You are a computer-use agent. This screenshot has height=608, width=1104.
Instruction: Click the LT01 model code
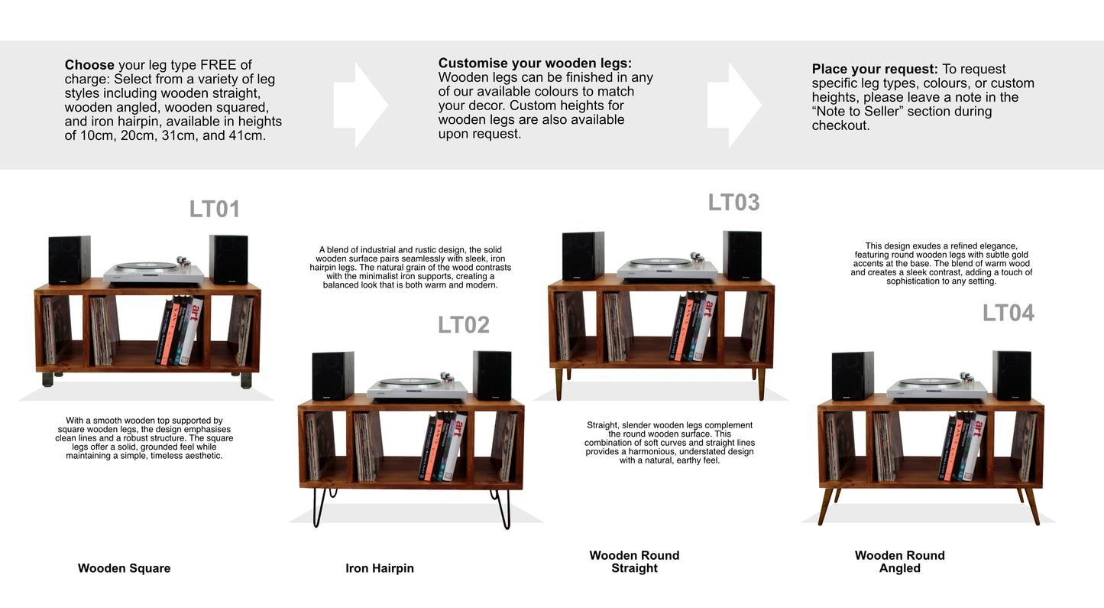[x=215, y=209]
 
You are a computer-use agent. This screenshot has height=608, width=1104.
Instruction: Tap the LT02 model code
[x=463, y=325]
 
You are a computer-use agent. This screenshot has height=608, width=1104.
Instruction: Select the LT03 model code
[x=734, y=203]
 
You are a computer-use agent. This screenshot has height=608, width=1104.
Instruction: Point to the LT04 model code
[x=1008, y=313]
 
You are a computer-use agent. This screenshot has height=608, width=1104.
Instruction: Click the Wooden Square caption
[x=125, y=568]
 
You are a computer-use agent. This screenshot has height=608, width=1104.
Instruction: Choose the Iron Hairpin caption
[x=380, y=568]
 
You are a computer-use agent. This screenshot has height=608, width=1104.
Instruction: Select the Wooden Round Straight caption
[x=634, y=561]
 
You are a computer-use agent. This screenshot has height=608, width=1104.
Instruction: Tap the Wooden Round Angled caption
[x=899, y=561]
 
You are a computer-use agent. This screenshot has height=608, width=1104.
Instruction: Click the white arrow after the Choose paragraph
[x=361, y=105]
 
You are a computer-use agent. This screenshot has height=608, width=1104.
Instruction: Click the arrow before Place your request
[x=734, y=105]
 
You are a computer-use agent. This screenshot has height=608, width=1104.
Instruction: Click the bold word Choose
[x=89, y=65]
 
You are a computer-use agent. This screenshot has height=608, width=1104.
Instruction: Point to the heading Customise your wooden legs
[x=535, y=63]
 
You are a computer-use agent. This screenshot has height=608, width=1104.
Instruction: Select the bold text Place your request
[x=875, y=69]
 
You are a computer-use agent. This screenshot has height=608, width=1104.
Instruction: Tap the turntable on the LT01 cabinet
[x=154, y=272]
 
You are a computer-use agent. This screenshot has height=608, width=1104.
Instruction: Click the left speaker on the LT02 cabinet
[x=333, y=376]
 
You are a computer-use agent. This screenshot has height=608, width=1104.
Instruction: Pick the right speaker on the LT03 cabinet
[x=743, y=255]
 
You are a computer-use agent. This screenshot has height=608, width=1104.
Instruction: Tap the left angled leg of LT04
[x=826, y=506]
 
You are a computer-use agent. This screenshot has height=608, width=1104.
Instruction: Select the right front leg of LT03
[x=762, y=385]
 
